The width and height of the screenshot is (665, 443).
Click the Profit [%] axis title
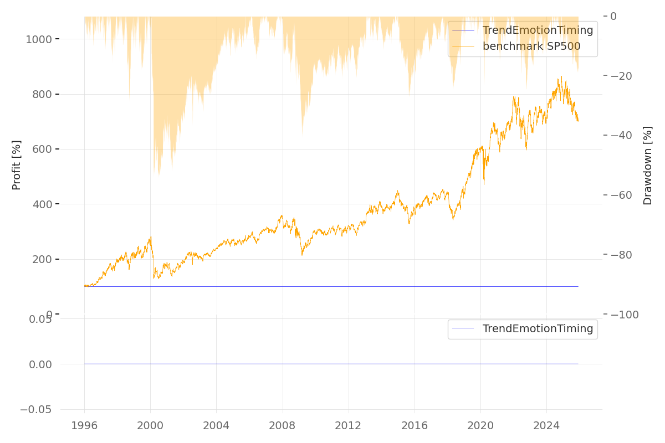point(17,164)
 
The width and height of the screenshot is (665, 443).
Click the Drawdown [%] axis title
point(647,166)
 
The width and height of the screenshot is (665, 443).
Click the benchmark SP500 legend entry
point(531,47)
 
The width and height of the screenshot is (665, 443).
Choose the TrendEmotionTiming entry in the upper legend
point(538,30)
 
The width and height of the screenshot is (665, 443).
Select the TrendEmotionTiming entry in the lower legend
point(538,329)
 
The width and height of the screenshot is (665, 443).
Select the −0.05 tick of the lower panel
point(36,410)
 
